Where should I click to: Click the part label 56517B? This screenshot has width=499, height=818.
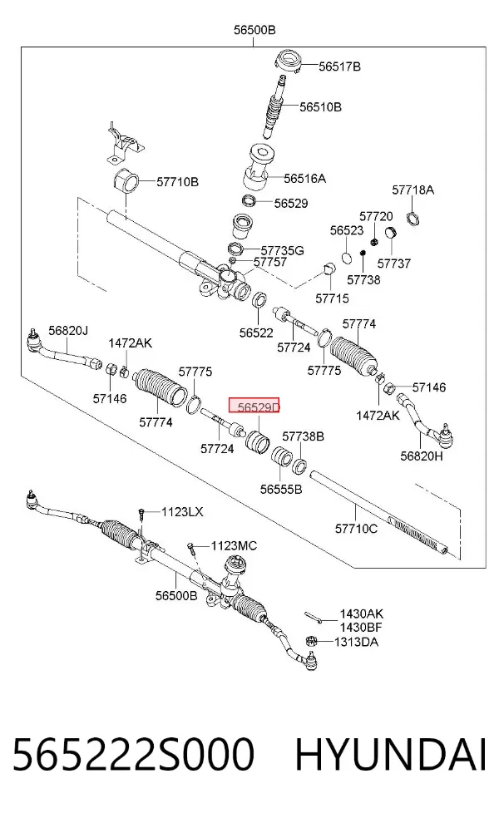click(x=339, y=67)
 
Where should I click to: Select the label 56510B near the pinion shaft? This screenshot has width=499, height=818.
click(x=320, y=107)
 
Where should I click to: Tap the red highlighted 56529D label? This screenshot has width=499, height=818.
click(x=254, y=406)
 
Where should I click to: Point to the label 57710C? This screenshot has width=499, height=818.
click(x=356, y=529)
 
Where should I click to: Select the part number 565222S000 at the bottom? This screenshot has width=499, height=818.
click(x=133, y=754)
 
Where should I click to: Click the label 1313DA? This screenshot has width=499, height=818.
click(x=356, y=642)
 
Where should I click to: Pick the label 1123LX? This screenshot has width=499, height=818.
click(x=182, y=512)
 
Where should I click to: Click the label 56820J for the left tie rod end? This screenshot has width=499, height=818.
click(x=68, y=330)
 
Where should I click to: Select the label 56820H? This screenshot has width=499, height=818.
click(x=421, y=456)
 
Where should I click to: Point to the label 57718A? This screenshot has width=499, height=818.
click(x=413, y=190)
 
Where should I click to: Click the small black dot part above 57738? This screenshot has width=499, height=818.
click(x=363, y=253)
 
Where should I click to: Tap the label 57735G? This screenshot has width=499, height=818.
click(x=283, y=250)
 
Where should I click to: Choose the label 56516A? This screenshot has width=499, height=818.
click(x=305, y=179)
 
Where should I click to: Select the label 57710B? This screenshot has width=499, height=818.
click(x=177, y=182)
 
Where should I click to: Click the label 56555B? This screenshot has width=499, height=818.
click(x=281, y=489)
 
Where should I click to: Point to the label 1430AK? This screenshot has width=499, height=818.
click(x=361, y=614)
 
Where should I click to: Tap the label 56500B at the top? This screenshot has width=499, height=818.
click(x=254, y=30)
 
